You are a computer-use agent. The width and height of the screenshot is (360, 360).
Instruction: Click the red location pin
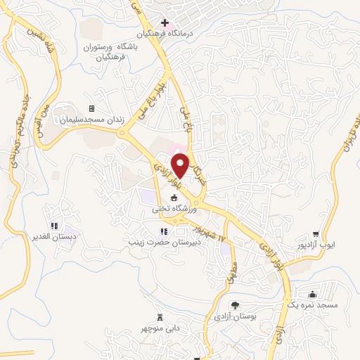click(181, 165)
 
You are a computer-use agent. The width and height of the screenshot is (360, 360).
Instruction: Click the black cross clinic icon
click(165, 23)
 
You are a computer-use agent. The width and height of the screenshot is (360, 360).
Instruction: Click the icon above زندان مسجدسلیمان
click(91, 108)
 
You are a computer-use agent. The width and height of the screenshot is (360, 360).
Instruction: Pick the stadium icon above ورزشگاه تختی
click(174, 199)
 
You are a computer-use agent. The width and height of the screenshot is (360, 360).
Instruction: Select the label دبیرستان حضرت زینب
click(163, 241)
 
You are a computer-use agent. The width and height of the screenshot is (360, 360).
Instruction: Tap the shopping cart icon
click(316, 234)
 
